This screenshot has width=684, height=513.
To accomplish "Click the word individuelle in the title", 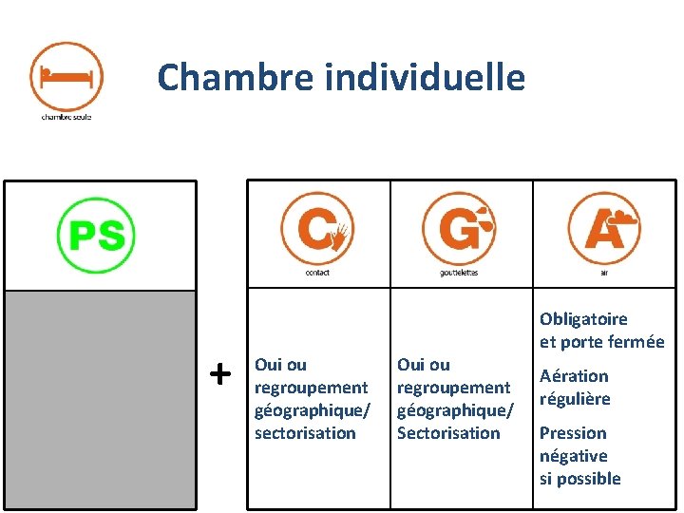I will coord(424,76).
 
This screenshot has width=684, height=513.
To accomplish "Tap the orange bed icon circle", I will coord(66,75).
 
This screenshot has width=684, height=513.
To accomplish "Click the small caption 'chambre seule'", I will coord(66,117).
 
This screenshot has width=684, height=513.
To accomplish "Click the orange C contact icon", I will coord(316,228).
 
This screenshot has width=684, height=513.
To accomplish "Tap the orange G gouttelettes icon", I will coord(458,228).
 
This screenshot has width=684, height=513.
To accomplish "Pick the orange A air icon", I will coord(603,228).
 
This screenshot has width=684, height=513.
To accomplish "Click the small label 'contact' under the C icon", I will coord(317,273).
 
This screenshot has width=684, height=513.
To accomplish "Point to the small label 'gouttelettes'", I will coord(459,273).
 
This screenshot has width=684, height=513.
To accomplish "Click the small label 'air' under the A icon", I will coord(603,273).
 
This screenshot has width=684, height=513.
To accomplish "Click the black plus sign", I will coord(219,373).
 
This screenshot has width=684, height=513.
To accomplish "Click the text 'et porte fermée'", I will coord(601,342).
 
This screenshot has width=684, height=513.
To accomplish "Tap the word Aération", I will coord(574,375).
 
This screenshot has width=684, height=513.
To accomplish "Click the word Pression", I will coord(573,432).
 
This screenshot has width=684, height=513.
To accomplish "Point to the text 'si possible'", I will coord(579,478).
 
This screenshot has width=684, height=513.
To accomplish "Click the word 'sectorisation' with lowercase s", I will coord(304,432).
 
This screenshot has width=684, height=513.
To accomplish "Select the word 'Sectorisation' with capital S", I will coord(447,432).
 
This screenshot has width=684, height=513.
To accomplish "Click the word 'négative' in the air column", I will coord(574,455).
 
